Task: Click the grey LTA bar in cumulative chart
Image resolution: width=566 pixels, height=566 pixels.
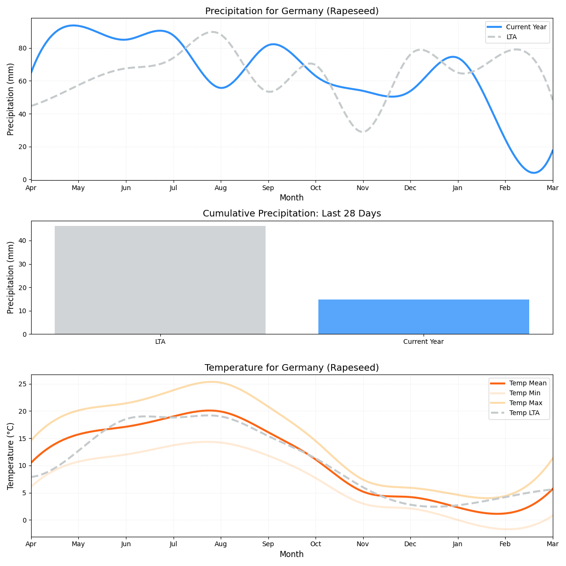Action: [160, 280]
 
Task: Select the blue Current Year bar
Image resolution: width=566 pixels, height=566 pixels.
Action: [424, 316]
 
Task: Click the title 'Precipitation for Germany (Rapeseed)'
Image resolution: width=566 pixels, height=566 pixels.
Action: [291, 11]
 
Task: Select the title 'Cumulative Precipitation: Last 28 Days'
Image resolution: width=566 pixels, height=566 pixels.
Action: [291, 214]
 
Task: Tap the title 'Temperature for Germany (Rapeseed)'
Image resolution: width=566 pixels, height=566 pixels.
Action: [291, 368]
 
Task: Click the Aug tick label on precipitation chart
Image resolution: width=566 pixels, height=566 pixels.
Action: [221, 188]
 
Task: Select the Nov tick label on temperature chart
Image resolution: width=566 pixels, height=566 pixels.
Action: [363, 544]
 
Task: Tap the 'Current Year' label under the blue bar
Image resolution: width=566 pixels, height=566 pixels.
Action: [424, 342]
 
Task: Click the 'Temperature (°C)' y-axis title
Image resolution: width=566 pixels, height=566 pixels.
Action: [11, 456]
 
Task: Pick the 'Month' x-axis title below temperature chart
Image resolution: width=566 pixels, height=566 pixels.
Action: [291, 555]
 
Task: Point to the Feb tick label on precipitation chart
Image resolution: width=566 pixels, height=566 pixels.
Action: [505, 188]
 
